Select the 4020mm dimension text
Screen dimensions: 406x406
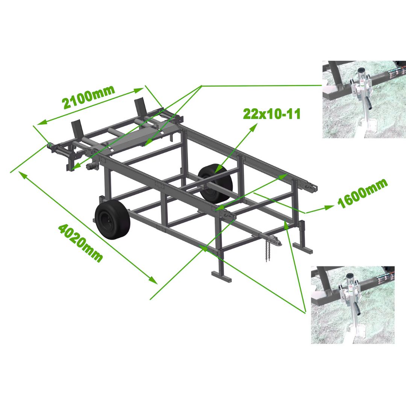[x=80, y=243]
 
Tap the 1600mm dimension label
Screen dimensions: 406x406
[x=362, y=194]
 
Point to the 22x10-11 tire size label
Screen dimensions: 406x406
[x=272, y=114]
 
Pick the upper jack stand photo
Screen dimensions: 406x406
[x=364, y=99]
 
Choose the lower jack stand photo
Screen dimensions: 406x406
[x=353, y=305]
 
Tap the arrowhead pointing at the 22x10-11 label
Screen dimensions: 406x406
[x=254, y=127]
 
